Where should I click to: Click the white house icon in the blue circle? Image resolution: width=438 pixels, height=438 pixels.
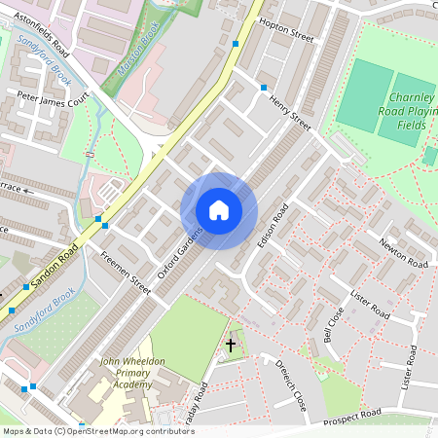pyautogui.click(x=219, y=210)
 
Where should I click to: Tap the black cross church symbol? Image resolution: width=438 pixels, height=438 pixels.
pyautogui.click(x=231, y=345)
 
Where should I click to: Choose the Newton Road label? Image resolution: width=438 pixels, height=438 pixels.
pyautogui.click(x=403, y=253)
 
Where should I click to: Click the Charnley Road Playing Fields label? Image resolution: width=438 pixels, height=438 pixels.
pyautogui.click(x=408, y=111)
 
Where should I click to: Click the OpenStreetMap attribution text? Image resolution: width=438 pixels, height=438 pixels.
pyautogui.click(x=97, y=431)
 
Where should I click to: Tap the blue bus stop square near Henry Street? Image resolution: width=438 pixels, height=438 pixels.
pyautogui.click(x=263, y=88)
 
